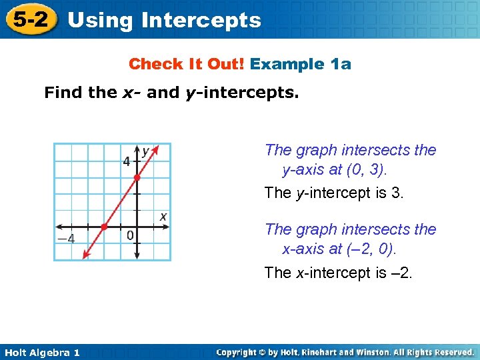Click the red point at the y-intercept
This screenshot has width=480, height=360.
[x=137, y=177]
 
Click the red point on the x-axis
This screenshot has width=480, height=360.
[x=104, y=227]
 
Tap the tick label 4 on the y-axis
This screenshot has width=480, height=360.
[x=127, y=162]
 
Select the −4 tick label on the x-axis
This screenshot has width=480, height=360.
[x=65, y=238]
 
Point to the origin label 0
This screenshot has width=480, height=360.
[x=130, y=235]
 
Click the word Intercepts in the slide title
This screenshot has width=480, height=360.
[x=201, y=20]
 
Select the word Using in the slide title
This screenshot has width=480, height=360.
[x=101, y=20]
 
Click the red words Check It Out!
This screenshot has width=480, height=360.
[x=187, y=64]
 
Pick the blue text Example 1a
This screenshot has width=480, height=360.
[x=301, y=64]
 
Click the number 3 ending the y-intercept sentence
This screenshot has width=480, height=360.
[x=397, y=193]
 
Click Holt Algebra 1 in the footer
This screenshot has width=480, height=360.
[x=41, y=353]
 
